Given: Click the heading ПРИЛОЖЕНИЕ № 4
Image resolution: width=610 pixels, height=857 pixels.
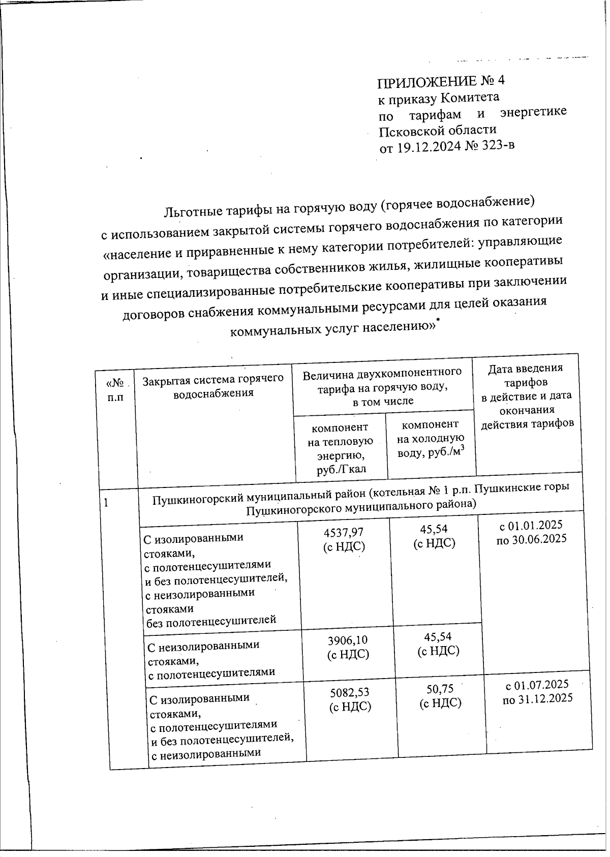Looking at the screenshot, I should click(441, 81).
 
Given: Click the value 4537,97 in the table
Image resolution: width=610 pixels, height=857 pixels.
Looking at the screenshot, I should click(344, 532).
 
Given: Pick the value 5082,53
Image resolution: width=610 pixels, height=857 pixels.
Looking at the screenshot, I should click(350, 692).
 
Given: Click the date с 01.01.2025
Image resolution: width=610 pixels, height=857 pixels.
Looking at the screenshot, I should click(531, 525).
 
